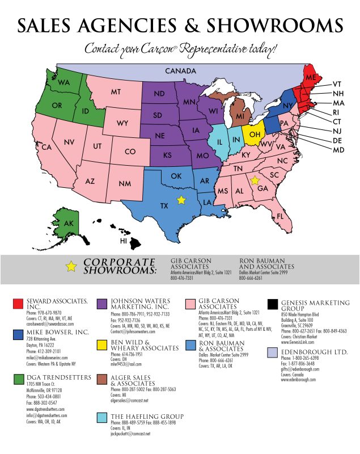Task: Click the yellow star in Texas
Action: pyautogui.click(x=181, y=200)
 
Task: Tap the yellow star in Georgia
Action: pyautogui.click(x=255, y=180)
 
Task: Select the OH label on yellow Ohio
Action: pyautogui.click(x=255, y=134)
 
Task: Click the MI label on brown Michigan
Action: pyautogui.click(x=240, y=116)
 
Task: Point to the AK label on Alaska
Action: pyautogui.click(x=69, y=223)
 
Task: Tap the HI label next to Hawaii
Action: pyautogui.click(x=123, y=241)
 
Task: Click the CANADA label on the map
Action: pyautogui.click(x=180, y=71)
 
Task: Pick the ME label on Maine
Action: pyautogui.click(x=311, y=77)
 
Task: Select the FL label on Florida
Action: pyautogui.click(x=279, y=217)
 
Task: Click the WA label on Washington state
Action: pyautogui.click(x=63, y=83)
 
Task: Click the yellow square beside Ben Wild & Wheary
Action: pyautogui.click(x=103, y=344)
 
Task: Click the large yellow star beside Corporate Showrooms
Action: pyautogui.click(x=70, y=267)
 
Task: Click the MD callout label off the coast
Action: pyautogui.click(x=338, y=150)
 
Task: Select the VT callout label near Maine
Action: pyautogui.click(x=337, y=83)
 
